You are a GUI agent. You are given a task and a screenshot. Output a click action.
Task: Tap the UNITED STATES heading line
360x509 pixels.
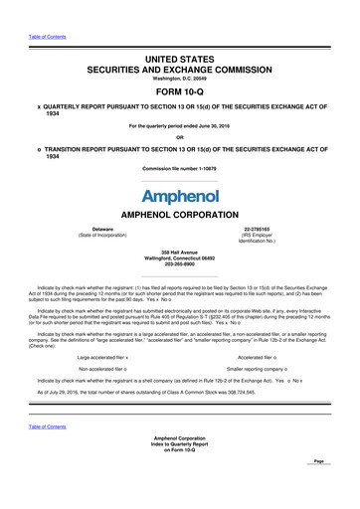[x=179, y=33]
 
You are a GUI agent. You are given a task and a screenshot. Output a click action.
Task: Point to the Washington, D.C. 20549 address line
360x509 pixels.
[x=179, y=58]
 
